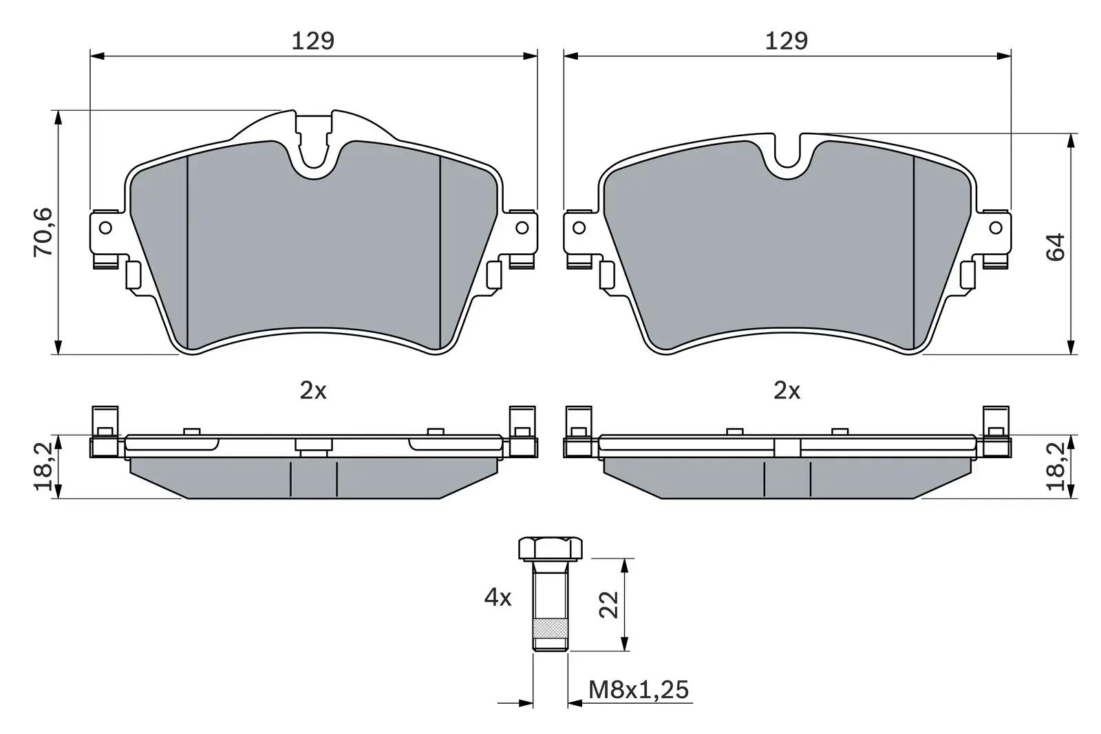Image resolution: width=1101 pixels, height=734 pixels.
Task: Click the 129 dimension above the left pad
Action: [x=312, y=41]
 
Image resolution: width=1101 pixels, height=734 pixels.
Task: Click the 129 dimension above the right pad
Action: [x=786, y=41]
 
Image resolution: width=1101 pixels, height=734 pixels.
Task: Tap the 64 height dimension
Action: [x=1055, y=247]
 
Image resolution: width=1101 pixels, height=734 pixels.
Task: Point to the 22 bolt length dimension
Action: [x=609, y=605]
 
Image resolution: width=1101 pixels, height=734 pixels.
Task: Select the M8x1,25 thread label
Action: [x=639, y=689]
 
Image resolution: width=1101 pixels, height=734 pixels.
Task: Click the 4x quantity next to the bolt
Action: [x=498, y=598]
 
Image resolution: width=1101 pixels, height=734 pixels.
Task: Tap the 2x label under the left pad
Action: [x=312, y=391]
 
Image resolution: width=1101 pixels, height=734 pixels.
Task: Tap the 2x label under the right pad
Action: [x=787, y=391]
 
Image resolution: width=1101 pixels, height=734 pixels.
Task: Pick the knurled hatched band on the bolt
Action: [x=550, y=628]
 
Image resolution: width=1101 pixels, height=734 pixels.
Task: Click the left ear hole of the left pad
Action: [x=105, y=227]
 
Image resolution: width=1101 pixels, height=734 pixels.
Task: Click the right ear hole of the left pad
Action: [x=522, y=227]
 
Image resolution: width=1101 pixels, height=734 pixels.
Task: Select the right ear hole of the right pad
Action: [x=995, y=227]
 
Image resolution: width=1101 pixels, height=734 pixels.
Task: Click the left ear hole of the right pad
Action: [x=579, y=227]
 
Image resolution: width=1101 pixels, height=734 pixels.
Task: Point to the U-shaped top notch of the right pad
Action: [x=787, y=155]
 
